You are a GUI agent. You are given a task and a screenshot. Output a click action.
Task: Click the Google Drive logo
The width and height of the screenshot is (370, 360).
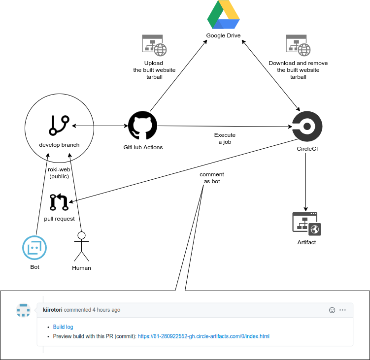tap(223, 16)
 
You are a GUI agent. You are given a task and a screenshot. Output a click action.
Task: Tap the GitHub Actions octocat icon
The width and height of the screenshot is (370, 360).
tap(142, 126)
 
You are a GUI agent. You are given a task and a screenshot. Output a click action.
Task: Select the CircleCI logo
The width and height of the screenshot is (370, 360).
tap(307, 126)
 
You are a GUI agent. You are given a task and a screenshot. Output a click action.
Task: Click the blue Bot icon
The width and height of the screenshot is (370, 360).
tap(34, 248)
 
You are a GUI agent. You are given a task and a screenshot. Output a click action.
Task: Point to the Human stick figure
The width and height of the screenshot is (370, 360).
tap(81, 246)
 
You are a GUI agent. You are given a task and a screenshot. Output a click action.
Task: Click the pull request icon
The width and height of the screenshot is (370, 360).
tap(59, 202)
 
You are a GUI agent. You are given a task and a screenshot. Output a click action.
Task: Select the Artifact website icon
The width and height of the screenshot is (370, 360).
tap(306, 223)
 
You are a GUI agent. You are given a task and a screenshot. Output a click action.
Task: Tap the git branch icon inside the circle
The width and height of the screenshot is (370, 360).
tap(59, 125)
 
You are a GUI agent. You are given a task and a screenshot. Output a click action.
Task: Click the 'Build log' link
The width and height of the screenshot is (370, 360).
tap(63, 327)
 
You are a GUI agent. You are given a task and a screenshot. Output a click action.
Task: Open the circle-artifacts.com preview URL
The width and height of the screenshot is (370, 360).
tap(203, 336)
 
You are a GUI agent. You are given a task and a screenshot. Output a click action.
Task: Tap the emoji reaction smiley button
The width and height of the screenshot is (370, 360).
tap(332, 310)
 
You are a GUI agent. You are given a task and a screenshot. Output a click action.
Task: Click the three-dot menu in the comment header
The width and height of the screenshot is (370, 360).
tap(343, 310)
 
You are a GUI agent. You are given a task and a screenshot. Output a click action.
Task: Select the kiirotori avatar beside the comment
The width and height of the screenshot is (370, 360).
tap(23, 310)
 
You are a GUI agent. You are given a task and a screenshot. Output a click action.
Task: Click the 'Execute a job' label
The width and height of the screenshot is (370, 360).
tap(225, 138)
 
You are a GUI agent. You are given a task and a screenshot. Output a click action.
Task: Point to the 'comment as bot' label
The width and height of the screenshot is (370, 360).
tap(212, 178)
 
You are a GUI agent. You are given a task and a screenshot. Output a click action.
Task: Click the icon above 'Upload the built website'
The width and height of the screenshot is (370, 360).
tap(154, 45)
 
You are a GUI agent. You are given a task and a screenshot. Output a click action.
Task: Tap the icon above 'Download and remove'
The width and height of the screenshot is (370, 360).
tap(298, 45)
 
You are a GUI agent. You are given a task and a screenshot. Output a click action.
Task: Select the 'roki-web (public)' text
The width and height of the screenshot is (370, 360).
tap(59, 173)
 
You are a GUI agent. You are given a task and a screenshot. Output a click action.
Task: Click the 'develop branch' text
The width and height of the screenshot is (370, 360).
tap(59, 145)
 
